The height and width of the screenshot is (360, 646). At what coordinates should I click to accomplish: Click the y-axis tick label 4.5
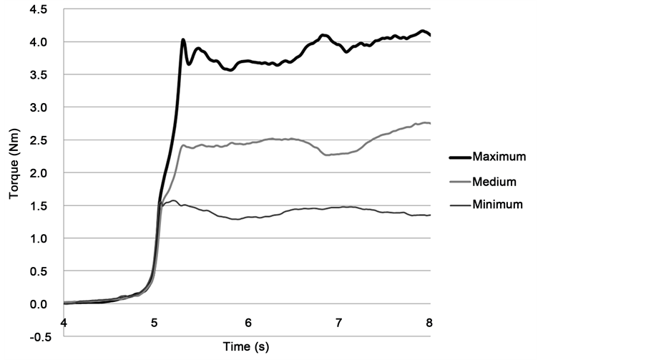(x=39, y=9)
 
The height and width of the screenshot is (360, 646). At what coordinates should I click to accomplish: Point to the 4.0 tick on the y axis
(x=39, y=42)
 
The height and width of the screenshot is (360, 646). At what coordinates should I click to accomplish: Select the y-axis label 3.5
(x=39, y=75)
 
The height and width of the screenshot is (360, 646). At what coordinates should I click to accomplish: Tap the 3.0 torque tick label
(x=39, y=107)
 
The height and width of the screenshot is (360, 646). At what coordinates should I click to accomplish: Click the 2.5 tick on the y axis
(x=39, y=140)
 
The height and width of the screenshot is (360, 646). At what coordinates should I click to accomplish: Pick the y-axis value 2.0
(x=39, y=173)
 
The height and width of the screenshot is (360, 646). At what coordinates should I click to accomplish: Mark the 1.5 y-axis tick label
(x=39, y=205)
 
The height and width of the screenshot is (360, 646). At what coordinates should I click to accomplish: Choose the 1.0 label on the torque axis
(x=39, y=238)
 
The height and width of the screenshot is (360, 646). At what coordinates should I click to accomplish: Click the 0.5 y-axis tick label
(x=39, y=271)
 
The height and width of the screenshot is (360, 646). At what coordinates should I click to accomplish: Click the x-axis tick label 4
(x=64, y=323)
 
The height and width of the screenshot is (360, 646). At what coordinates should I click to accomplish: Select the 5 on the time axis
(x=156, y=323)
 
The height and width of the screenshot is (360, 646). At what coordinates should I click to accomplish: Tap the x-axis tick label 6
(x=248, y=323)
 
